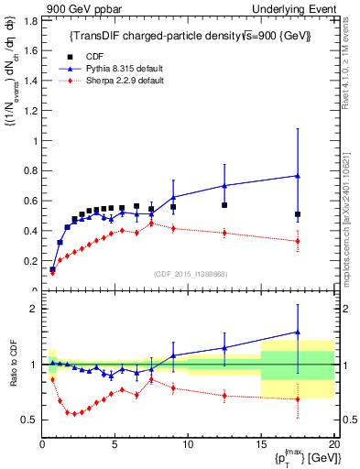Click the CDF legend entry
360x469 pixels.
tap(100, 55)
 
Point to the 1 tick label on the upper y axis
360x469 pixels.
tap(35, 140)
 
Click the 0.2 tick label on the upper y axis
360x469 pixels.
tap(29, 260)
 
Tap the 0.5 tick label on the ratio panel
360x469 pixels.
tap(29, 420)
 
